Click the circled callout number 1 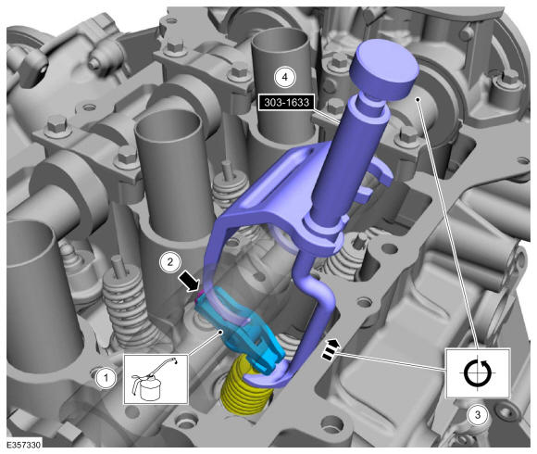[x=106, y=378]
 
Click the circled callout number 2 [x=169, y=262]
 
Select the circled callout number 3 [x=478, y=415]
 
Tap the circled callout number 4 [x=284, y=77]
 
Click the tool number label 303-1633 [x=286, y=102]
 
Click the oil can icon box [x=156, y=379]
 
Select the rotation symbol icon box [x=478, y=373]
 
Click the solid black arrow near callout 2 [x=189, y=281]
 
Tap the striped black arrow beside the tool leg [x=331, y=349]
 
